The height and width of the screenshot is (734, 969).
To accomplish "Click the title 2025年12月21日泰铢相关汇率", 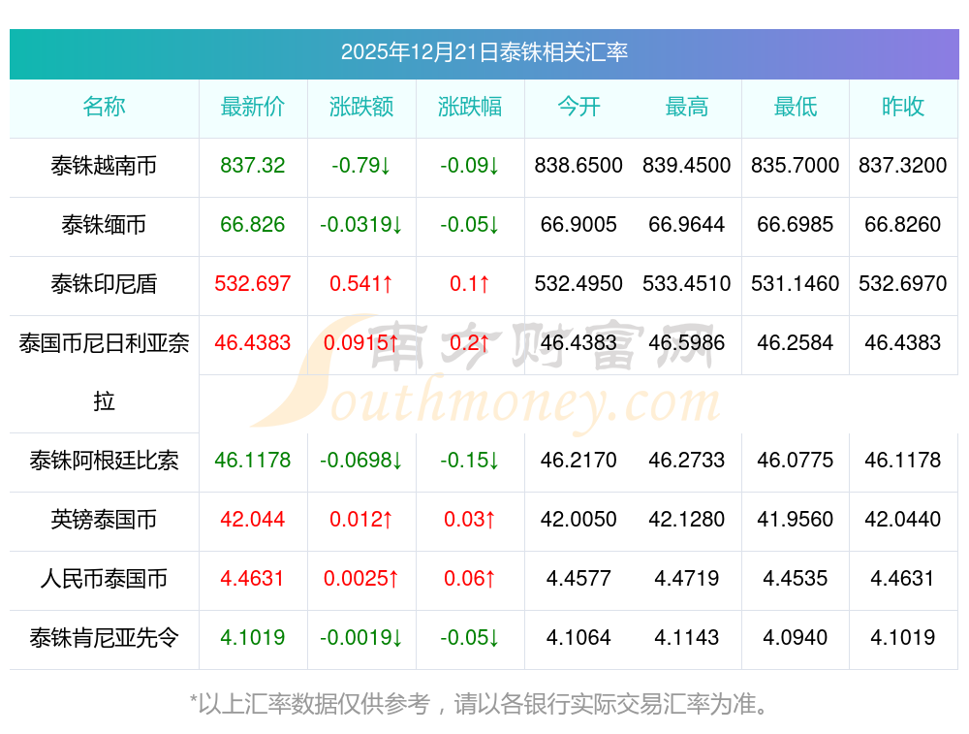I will coord(484,52).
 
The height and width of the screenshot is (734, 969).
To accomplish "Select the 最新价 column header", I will coord(253,108).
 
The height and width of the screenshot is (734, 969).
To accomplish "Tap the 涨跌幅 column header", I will coord(470,108).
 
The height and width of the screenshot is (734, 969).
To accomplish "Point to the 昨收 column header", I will coord(903,108).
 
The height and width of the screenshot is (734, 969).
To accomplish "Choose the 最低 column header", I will coord(795,108).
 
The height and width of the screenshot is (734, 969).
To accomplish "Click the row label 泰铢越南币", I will coord(104,166).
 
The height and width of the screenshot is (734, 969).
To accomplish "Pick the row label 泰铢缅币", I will coord(104,225).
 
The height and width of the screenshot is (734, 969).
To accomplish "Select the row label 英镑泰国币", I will coord(104,520).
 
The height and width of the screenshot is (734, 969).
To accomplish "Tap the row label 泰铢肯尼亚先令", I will coord(104,638).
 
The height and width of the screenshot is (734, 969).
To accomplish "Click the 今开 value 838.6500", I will coord(578,166).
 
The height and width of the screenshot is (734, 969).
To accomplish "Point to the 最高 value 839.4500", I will coord(686,166).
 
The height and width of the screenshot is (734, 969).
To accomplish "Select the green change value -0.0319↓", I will coord(361,225).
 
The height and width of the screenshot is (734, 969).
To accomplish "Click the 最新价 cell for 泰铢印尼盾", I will coord(253,284).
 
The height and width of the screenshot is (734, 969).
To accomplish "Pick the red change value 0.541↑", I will coord(361,284).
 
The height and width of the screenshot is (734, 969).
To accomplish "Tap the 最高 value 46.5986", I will coord(686,343).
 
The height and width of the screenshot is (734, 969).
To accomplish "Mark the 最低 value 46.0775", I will coord(795,461).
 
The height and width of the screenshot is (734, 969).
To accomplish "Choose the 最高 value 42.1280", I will coord(686,520).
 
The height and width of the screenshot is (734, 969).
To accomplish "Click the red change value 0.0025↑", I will coord(361,579).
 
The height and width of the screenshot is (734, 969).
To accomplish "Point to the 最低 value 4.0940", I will coord(795,638).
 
